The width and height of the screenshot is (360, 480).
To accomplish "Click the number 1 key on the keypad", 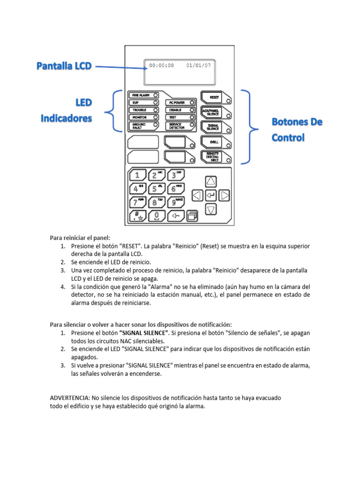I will pos(137,175).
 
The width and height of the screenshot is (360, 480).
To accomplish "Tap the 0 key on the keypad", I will pos(156,216).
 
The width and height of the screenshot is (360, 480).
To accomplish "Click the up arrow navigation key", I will pos(211,181).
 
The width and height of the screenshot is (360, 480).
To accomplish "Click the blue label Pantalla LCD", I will pos(64,67).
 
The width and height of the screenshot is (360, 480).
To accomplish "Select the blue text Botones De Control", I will pos(297,130).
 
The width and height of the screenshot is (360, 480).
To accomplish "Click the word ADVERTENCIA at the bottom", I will pos(70,397).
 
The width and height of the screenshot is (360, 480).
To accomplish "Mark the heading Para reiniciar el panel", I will pos(80,238).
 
